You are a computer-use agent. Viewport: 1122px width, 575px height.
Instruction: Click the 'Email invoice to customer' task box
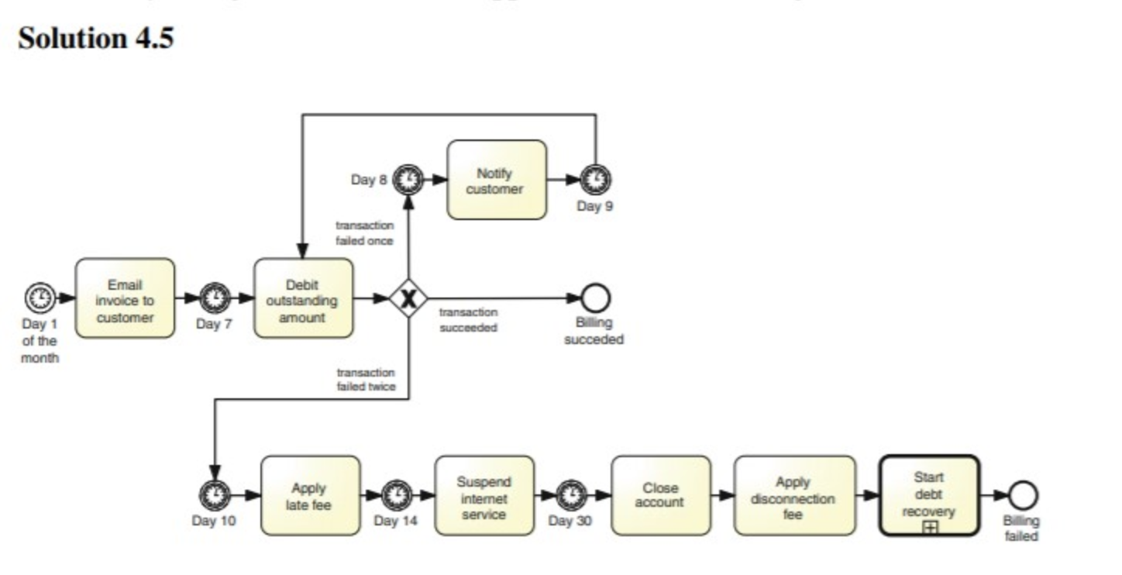click(x=125, y=298)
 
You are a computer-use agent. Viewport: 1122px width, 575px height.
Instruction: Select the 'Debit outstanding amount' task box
click(x=303, y=298)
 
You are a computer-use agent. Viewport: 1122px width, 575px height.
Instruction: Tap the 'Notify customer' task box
click(x=496, y=181)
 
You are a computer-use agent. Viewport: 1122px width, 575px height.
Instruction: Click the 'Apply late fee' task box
click(x=310, y=495)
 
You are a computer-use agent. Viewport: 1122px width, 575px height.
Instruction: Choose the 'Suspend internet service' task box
click(x=484, y=495)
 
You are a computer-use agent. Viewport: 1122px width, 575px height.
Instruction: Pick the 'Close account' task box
click(x=660, y=495)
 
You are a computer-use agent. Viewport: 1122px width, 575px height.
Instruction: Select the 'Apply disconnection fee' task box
click(x=794, y=495)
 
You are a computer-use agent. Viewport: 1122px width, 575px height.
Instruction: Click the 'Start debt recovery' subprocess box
click(x=928, y=495)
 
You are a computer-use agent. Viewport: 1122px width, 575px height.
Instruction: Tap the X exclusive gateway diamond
click(x=408, y=298)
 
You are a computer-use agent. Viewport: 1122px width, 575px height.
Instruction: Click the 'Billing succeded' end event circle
click(x=595, y=298)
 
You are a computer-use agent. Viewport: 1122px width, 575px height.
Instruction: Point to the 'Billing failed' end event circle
click(x=1022, y=495)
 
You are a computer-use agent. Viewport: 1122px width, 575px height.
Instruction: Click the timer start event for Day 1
click(x=40, y=298)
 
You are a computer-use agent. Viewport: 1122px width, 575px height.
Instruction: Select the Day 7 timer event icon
click(x=215, y=298)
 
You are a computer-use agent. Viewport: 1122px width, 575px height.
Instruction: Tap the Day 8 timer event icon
click(x=408, y=181)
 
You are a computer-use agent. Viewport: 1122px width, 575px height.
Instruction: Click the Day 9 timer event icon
click(x=595, y=181)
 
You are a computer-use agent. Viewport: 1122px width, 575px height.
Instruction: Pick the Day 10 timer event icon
click(x=215, y=495)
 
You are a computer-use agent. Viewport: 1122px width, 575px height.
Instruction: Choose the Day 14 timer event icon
click(x=397, y=495)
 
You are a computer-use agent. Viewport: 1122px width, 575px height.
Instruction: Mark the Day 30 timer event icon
click(x=572, y=495)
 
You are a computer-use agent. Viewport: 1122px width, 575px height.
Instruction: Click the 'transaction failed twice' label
click(x=366, y=380)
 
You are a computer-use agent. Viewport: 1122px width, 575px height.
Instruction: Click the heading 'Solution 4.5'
click(x=95, y=38)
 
